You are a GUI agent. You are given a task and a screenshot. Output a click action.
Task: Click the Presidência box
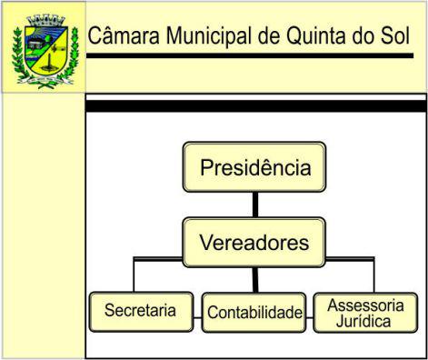pos(254,167)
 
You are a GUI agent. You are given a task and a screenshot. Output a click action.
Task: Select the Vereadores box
pos(254,243)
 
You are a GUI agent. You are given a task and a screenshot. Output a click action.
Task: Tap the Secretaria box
pos(142,312)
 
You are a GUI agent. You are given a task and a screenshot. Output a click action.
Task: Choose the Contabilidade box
pos(254,313)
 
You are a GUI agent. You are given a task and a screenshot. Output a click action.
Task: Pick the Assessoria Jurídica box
pos(365,313)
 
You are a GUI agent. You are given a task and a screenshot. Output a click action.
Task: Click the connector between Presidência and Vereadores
pos(255,205)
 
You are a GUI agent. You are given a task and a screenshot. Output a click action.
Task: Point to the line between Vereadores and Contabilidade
pos(255,280)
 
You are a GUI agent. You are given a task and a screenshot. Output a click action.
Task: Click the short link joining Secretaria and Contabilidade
pos(197,318)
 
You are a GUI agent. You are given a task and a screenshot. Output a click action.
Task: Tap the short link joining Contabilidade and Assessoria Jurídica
pos(310,318)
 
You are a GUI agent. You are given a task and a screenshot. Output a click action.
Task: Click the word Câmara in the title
pos(124,35)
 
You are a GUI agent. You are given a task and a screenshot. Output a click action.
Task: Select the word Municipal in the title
pos(209,36)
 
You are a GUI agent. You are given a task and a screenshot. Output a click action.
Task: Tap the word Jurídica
pos(363,321)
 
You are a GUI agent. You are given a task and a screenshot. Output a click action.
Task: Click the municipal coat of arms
pos(45,51)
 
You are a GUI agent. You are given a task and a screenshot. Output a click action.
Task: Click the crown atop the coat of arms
pos(46,20)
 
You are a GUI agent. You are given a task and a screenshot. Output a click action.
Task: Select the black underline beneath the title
pos(250,55)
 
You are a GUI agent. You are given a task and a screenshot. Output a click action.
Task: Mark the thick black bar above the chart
pos(256,106)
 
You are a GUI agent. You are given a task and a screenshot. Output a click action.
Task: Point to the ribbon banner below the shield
pos(45,80)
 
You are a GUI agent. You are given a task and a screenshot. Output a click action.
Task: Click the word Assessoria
pos(365,305)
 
